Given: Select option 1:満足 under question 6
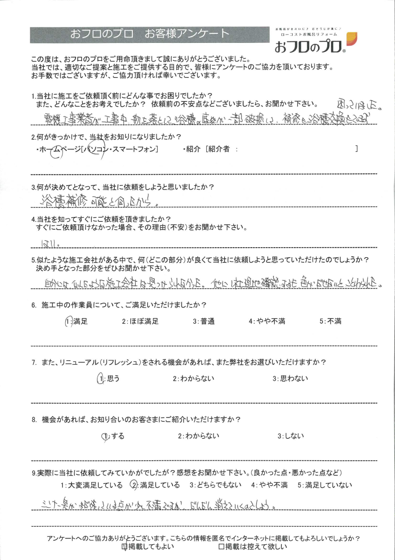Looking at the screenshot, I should click(76, 322).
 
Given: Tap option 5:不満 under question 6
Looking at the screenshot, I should click(330, 322).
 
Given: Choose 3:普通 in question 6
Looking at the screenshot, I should click(204, 322).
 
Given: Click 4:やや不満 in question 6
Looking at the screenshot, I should click(267, 322).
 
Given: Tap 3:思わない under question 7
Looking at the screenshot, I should click(290, 379).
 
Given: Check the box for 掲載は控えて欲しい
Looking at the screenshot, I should click(222, 546).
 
